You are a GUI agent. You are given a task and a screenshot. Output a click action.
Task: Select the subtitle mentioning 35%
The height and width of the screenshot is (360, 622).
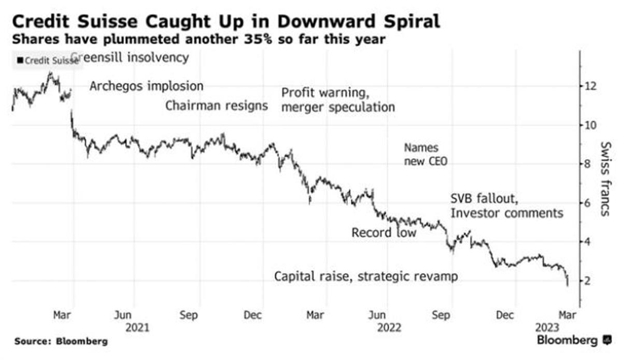[x=199, y=39]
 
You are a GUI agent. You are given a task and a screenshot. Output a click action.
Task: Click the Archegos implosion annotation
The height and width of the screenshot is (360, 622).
[x=146, y=86]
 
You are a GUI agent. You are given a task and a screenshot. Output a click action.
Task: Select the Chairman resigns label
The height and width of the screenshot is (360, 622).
[x=217, y=106]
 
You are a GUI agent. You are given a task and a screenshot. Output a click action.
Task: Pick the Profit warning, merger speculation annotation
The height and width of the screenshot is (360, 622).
[x=338, y=100]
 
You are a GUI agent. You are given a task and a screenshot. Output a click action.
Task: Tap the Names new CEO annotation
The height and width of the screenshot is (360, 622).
[x=425, y=155]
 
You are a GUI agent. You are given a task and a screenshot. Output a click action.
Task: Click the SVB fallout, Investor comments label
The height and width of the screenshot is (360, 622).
[x=506, y=206]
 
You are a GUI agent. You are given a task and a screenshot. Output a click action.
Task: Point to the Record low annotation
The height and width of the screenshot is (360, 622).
[x=384, y=233]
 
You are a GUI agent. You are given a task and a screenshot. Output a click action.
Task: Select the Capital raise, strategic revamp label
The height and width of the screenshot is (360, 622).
[x=366, y=276]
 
